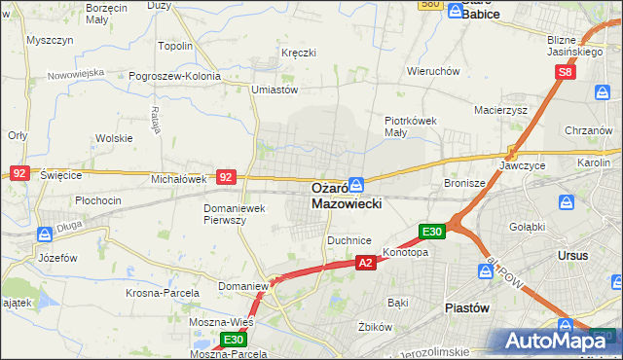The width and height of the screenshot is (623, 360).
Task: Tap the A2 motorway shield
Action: pyautogui.click(x=365, y=263)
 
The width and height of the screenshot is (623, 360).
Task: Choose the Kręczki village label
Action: pyautogui.click(x=299, y=53)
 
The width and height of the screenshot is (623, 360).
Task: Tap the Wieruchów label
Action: pyautogui.click(x=433, y=72)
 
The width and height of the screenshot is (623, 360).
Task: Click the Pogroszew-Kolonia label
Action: pyautogui.click(x=180, y=75)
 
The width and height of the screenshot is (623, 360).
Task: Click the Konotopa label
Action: pyautogui.click(x=405, y=252)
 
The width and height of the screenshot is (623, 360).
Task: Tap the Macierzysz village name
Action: pyautogui.click(x=500, y=110)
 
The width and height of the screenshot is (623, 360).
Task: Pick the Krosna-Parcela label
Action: pyautogui.click(x=163, y=292)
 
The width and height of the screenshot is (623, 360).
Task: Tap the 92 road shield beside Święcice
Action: pyautogui.click(x=19, y=172)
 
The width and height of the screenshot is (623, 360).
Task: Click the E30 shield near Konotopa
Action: pyautogui.click(x=433, y=232)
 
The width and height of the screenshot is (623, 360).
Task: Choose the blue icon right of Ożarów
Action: pyautogui.click(x=357, y=183)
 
